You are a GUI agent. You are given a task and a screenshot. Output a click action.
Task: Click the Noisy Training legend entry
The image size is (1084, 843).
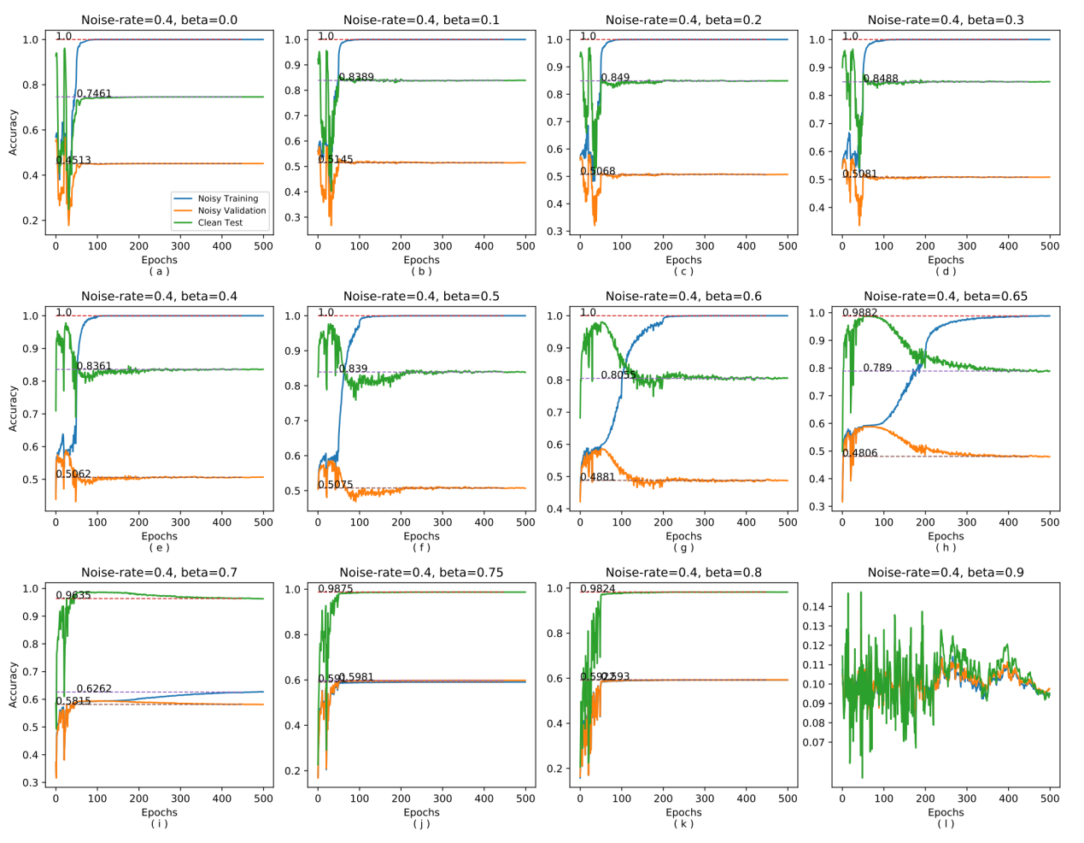pyautogui.click(x=227, y=198)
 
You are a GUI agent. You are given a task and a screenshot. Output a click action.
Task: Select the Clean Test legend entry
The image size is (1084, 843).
pyautogui.click(x=220, y=222)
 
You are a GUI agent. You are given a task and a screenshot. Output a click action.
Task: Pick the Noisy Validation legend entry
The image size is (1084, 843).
pyautogui.click(x=231, y=210)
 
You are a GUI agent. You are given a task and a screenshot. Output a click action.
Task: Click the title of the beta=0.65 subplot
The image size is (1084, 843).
pyautogui.click(x=946, y=296)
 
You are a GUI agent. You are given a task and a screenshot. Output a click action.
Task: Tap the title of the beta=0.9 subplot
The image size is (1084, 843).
pyautogui.click(x=946, y=572)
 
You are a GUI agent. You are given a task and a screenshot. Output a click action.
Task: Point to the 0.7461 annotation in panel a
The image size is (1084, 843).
pyautogui.click(x=94, y=94)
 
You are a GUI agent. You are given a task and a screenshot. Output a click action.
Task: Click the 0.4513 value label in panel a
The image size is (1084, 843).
pyautogui.click(x=73, y=160)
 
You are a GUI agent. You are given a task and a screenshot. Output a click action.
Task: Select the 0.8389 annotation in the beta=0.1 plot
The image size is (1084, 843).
pyautogui.click(x=356, y=77)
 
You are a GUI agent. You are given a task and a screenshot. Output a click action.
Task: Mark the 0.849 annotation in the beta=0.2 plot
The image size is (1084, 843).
pyautogui.click(x=615, y=77)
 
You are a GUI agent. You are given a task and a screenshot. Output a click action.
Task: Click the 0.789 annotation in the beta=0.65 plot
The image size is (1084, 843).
pyautogui.click(x=877, y=368)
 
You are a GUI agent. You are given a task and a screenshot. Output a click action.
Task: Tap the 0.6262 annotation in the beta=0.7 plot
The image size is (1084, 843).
pyautogui.click(x=94, y=688)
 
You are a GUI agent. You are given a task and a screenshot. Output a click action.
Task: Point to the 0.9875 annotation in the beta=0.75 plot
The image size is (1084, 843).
pyautogui.click(x=336, y=589)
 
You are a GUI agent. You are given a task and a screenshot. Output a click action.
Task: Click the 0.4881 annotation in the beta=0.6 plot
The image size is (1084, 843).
pyautogui.click(x=598, y=477)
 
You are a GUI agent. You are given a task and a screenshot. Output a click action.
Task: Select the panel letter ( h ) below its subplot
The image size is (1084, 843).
pyautogui.click(x=946, y=547)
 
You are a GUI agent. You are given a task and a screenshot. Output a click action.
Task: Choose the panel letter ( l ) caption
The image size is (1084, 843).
pyautogui.click(x=946, y=823)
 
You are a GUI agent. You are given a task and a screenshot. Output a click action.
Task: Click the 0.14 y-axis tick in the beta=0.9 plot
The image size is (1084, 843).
pyautogui.click(x=813, y=606)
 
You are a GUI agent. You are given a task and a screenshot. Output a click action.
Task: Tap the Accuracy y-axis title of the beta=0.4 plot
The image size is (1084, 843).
pyautogui.click(x=13, y=408)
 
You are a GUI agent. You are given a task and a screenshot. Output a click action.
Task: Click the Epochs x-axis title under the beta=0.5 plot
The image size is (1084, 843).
pyautogui.click(x=421, y=536)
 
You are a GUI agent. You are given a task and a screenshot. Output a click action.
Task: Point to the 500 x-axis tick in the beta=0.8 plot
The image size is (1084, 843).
pyautogui.click(x=788, y=799)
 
